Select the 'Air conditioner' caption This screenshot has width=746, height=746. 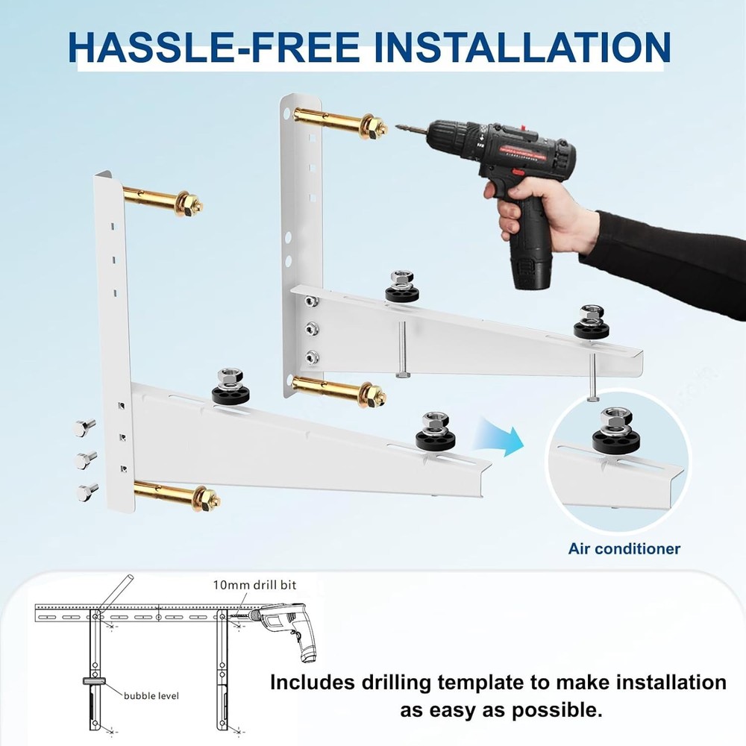pos(624,549)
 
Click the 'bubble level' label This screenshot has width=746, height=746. pos(151,695)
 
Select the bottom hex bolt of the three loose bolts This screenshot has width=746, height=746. pos(87,492)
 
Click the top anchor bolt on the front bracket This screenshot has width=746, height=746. pos(163,200)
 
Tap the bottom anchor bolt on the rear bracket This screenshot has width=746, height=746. pos(339,390)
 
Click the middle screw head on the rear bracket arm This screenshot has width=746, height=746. pos(312,327)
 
